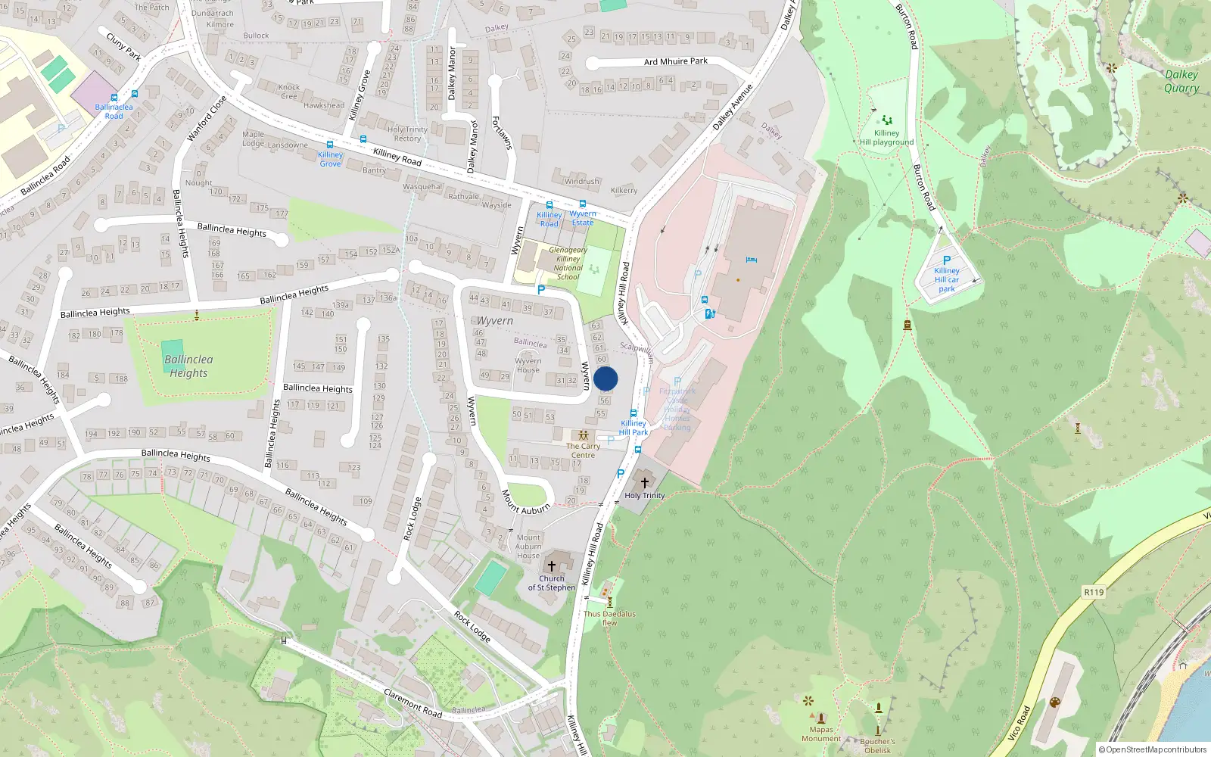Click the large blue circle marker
(x=605, y=378)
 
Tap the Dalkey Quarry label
(x=1181, y=81)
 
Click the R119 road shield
(x=1094, y=592)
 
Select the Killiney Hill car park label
(x=947, y=279)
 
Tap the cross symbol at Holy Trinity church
(x=645, y=482)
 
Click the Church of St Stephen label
(x=552, y=583)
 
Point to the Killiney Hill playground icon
(x=886, y=120)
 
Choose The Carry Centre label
(x=583, y=450)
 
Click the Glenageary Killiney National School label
(x=568, y=263)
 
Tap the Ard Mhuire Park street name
(x=676, y=61)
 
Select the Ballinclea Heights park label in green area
(x=188, y=366)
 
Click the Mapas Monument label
(x=821, y=734)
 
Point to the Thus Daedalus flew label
(x=609, y=618)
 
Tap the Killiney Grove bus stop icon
(x=330, y=145)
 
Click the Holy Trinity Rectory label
(x=407, y=134)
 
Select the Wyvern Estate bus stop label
(x=583, y=218)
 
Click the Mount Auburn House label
(x=528, y=547)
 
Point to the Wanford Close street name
(x=207, y=118)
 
